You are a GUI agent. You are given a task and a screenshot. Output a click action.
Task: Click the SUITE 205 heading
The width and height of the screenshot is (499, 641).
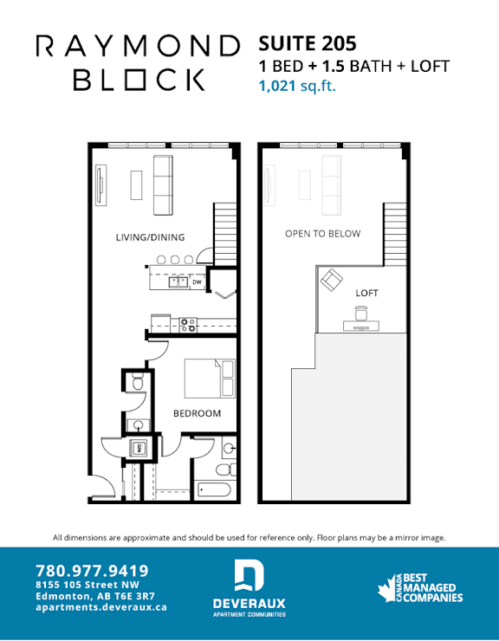[308, 43]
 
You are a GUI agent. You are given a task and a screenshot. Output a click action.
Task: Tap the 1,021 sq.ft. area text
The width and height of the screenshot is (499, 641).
[297, 87]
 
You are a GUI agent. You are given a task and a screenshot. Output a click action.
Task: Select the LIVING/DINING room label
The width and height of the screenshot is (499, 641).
[150, 237]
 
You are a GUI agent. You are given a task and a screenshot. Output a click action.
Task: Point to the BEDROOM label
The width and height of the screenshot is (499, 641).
[198, 413]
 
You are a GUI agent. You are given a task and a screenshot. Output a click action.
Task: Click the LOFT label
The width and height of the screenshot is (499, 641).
[367, 293]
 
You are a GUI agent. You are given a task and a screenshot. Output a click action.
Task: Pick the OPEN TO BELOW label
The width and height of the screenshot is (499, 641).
[323, 233]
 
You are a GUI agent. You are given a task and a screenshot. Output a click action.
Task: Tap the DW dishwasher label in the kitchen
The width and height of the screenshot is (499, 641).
[198, 282]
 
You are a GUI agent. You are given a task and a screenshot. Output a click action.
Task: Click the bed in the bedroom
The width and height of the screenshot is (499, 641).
[210, 379]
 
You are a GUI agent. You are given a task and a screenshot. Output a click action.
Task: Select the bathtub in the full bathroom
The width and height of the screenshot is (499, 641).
[214, 489]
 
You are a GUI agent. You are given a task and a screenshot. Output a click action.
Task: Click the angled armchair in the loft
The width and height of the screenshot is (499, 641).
[332, 280]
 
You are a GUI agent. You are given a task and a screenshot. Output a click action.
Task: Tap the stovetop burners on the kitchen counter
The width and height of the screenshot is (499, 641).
[188, 326]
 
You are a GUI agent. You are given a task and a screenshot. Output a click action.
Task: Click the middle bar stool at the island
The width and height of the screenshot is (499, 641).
[175, 260]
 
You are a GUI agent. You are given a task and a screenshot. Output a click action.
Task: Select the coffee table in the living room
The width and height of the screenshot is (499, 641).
[136, 185]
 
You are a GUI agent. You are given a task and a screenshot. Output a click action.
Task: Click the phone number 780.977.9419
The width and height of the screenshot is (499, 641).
[92, 571]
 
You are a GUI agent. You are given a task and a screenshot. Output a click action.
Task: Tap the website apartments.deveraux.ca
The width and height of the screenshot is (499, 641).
[101, 607]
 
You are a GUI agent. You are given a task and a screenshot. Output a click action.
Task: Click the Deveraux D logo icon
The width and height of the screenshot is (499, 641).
[249, 576]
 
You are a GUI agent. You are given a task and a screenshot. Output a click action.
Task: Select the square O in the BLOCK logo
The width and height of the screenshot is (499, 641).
[134, 80]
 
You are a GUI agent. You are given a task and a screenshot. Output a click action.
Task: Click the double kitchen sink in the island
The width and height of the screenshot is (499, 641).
[178, 282]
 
